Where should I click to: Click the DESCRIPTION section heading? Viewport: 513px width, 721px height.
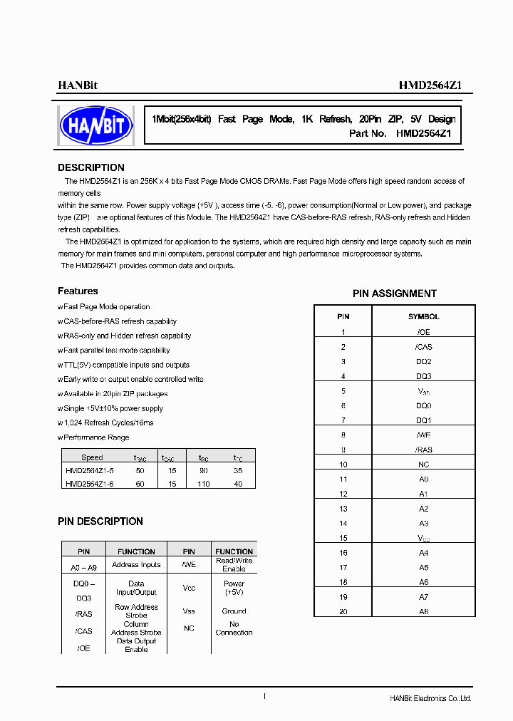click(90, 167)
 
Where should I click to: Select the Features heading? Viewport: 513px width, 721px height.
click(78, 291)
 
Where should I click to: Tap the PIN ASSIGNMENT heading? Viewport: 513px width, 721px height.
click(394, 294)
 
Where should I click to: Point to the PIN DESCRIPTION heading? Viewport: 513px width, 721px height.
click(100, 522)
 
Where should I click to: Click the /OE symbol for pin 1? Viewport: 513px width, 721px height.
click(423, 332)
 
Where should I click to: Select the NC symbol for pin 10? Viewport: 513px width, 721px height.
click(423, 465)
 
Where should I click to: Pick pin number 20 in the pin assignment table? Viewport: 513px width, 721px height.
click(343, 611)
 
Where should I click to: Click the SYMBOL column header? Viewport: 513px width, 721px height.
click(423, 316)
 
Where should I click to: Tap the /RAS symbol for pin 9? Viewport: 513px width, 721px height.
click(423, 450)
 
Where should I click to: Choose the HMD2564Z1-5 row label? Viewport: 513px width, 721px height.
click(89, 471)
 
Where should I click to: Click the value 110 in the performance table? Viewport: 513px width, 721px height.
click(204, 484)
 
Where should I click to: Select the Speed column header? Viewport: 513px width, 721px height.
click(92, 458)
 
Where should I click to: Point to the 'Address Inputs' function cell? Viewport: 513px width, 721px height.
click(136, 565)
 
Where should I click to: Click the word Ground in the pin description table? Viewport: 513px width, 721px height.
click(234, 611)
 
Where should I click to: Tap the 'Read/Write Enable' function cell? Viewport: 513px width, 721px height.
click(234, 564)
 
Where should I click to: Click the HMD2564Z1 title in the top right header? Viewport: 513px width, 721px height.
click(430, 85)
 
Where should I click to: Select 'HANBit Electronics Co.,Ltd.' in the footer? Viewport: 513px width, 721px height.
click(430, 698)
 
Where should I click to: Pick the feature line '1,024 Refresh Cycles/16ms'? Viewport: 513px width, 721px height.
click(107, 422)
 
